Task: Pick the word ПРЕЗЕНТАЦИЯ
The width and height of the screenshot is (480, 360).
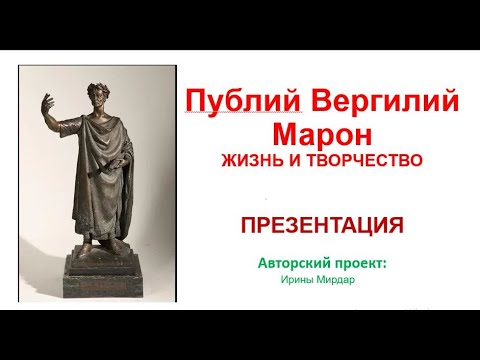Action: click(322, 225)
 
